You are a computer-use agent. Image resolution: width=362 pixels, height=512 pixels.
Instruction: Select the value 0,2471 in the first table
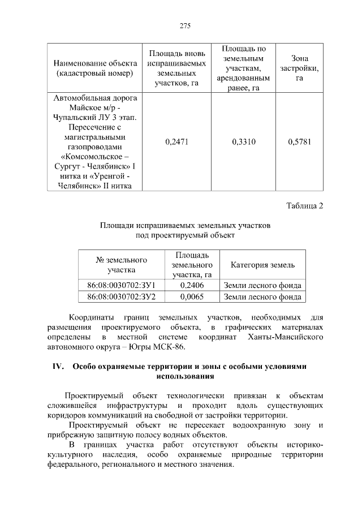click(176, 142)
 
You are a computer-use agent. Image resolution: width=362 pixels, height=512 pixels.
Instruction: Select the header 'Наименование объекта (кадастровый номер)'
click(95, 68)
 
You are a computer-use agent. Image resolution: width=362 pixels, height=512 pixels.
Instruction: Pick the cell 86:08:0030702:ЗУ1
click(121, 285)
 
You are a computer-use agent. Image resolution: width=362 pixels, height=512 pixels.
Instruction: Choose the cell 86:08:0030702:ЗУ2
click(121, 296)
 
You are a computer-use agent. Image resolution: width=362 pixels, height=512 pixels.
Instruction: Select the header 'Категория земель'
click(262, 265)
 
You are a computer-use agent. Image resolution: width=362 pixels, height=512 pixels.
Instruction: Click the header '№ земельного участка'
click(121, 265)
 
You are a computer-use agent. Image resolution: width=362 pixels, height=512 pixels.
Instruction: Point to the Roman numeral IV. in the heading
click(58, 366)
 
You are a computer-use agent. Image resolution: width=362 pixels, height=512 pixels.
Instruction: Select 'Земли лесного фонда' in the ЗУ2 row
click(262, 296)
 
